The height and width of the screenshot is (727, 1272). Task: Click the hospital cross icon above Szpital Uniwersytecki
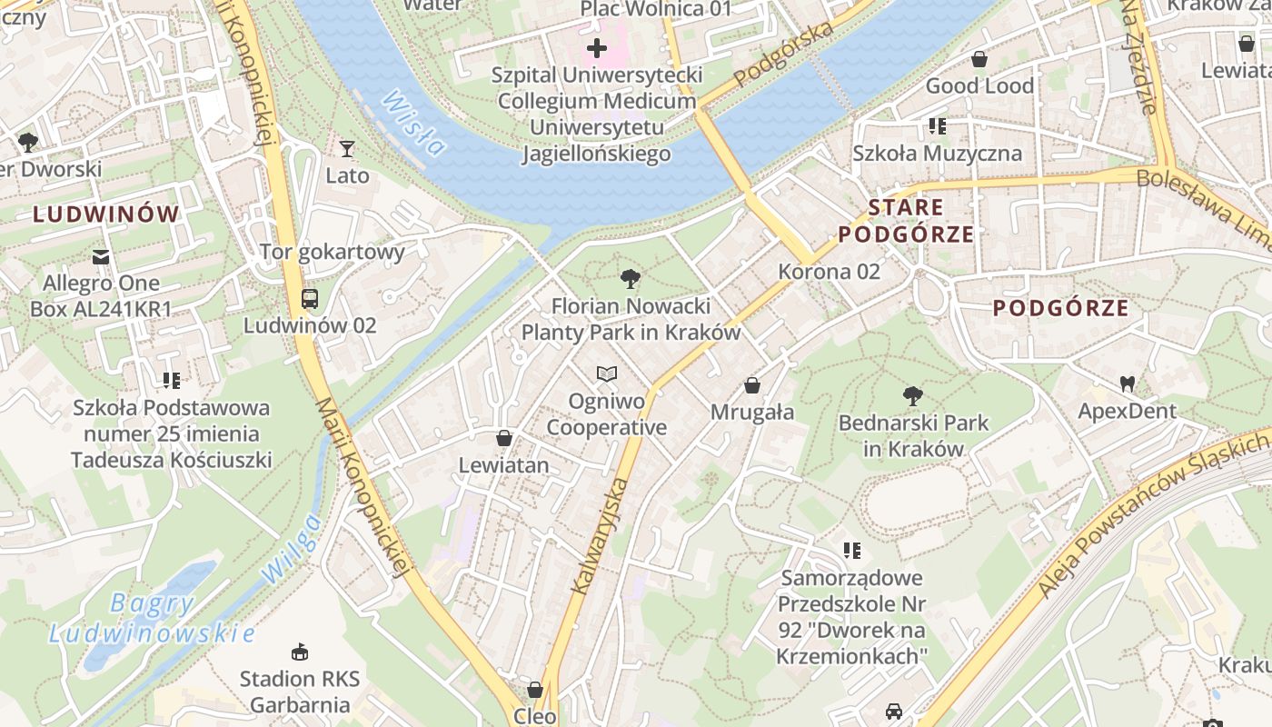tap(597, 47)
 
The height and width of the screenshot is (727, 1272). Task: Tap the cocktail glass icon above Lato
tap(346, 148)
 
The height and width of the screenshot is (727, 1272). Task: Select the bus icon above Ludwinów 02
tap(309, 298)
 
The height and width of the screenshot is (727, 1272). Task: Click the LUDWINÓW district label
tap(106, 214)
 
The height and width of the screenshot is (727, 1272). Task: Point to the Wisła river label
tap(412, 124)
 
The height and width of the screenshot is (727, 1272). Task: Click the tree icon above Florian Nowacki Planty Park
tap(630, 279)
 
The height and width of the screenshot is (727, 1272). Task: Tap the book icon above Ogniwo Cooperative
tap(606, 373)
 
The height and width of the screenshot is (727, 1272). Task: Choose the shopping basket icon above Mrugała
tap(752, 385)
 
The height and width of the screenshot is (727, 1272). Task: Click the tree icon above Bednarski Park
tap(913, 396)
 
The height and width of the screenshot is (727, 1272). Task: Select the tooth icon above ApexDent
tap(1127, 383)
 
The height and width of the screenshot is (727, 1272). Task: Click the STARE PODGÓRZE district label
tap(906, 221)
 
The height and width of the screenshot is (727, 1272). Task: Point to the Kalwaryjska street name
tap(600, 536)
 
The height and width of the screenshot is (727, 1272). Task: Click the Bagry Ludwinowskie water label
tap(152, 618)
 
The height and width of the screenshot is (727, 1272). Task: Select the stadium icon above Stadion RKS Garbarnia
tap(300, 652)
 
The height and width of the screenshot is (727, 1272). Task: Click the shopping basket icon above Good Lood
tap(979, 59)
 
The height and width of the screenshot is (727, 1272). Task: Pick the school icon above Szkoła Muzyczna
tap(937, 126)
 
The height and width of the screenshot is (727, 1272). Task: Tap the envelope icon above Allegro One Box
tap(101, 257)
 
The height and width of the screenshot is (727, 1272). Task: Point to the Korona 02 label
tap(829, 271)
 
